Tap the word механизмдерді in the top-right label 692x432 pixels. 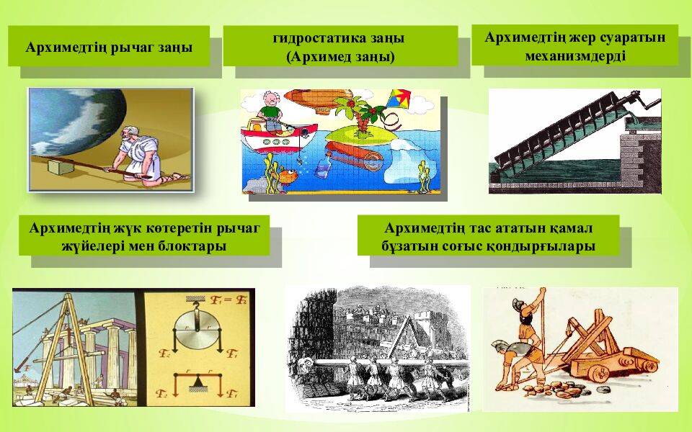(575, 56)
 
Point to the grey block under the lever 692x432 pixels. (60, 167)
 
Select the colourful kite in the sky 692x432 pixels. (399, 99)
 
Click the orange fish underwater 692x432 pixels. (288, 176)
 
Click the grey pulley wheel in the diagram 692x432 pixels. (198, 330)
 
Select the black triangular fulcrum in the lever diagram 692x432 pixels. (197, 384)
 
